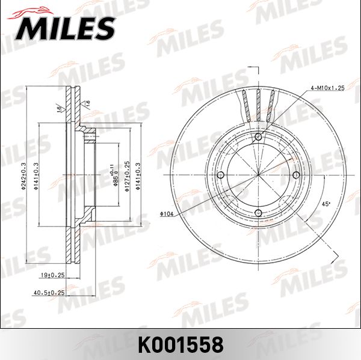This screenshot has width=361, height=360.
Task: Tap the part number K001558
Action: click(180, 344)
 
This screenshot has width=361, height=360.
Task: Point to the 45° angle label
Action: click(326, 204)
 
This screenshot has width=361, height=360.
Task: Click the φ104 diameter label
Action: click(167, 214)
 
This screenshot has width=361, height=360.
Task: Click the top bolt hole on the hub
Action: click(258, 138)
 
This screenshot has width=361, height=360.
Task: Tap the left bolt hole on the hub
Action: click(221, 175)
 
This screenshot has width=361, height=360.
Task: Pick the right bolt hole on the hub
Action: click(295, 175)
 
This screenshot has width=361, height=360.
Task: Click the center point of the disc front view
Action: click(258, 175)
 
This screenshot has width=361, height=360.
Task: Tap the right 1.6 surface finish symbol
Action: click(88, 103)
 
